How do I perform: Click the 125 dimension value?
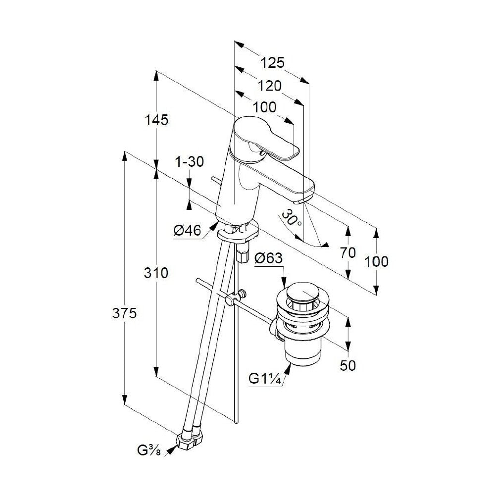pos(272,62)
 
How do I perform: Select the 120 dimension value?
pos(270,86)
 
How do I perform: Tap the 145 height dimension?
pos(156,120)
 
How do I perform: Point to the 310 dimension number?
pos(156,273)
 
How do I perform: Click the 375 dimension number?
pos(124,313)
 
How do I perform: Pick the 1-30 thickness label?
pos(190,162)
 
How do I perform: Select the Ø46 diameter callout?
pos(187,231)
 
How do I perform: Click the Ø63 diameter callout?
pos(269,258)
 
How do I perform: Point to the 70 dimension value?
pos(348,252)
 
